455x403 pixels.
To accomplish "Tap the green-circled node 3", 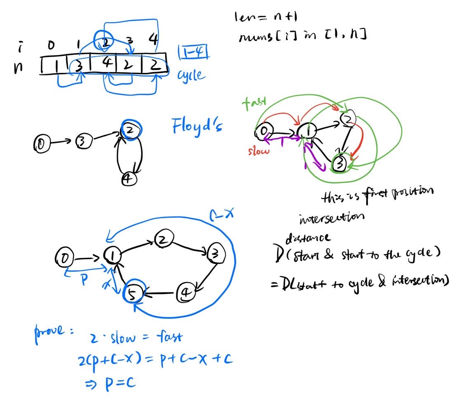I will [339, 163].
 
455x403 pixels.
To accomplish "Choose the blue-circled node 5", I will [133, 293].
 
